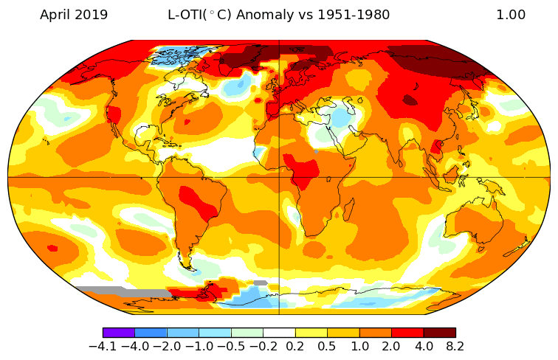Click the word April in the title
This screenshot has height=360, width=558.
55,15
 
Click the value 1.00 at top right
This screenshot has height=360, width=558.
511,15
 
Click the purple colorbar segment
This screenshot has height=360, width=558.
119,333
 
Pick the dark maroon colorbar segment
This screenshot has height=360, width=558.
439,333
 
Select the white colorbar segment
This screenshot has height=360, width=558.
279,333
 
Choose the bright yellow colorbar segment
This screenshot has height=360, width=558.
311,333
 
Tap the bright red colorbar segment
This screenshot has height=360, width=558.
407,333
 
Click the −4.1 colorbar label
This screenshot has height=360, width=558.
103,346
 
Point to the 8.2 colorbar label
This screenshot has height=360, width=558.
455,346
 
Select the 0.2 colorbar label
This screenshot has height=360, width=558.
295,346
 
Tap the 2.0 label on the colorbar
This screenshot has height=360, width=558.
391,346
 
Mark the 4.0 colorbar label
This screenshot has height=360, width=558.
423,346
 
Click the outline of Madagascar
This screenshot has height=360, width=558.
342,215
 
